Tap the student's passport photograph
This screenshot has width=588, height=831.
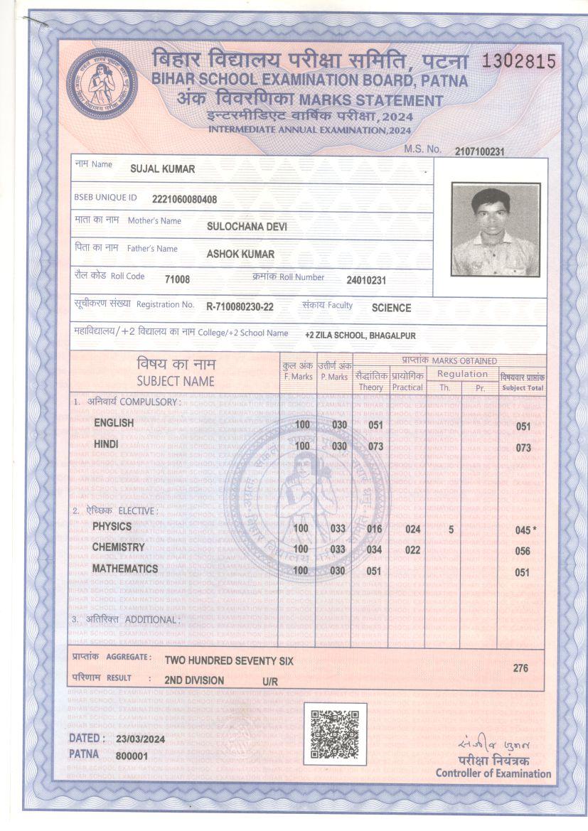(496, 230)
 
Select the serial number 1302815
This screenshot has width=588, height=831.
(518, 61)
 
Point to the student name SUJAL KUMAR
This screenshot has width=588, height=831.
(163, 169)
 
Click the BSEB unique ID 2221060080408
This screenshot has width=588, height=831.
(185, 199)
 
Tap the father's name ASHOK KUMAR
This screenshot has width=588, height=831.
(240, 254)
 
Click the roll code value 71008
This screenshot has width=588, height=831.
(177, 279)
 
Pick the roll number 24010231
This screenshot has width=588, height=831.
(366, 280)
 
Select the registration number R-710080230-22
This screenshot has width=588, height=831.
(240, 307)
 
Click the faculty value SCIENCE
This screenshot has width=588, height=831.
(391, 308)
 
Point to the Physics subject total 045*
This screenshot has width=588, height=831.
(525, 530)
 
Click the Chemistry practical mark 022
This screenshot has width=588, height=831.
(412, 550)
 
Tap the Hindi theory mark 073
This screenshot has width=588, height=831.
(375, 446)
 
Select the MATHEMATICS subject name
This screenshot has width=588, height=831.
(125, 569)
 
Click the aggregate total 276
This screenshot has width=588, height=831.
(520, 668)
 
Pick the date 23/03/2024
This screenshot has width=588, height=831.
(140, 740)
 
